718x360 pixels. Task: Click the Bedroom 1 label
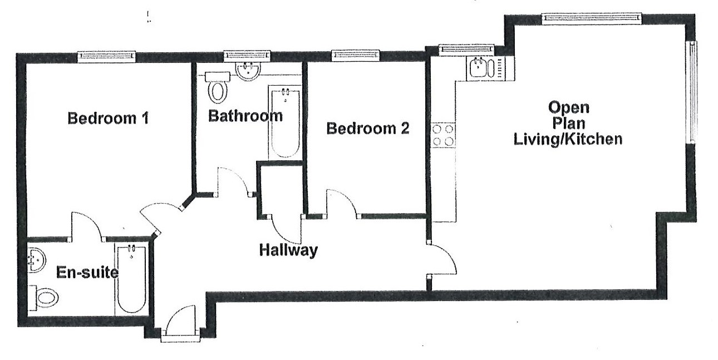(x=107, y=119)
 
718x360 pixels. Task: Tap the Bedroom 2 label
(x=367, y=129)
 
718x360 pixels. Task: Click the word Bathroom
(x=245, y=116)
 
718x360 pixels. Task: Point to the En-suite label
(x=87, y=273)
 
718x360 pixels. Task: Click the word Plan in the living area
(x=567, y=123)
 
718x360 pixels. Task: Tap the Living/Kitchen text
(x=567, y=139)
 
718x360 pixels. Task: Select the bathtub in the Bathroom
(x=285, y=122)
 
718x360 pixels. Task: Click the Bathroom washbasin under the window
(x=246, y=71)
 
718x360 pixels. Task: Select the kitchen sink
(x=482, y=68)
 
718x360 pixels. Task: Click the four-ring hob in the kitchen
(x=443, y=135)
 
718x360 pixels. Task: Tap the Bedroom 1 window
(x=106, y=55)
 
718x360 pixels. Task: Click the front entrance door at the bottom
(x=181, y=323)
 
